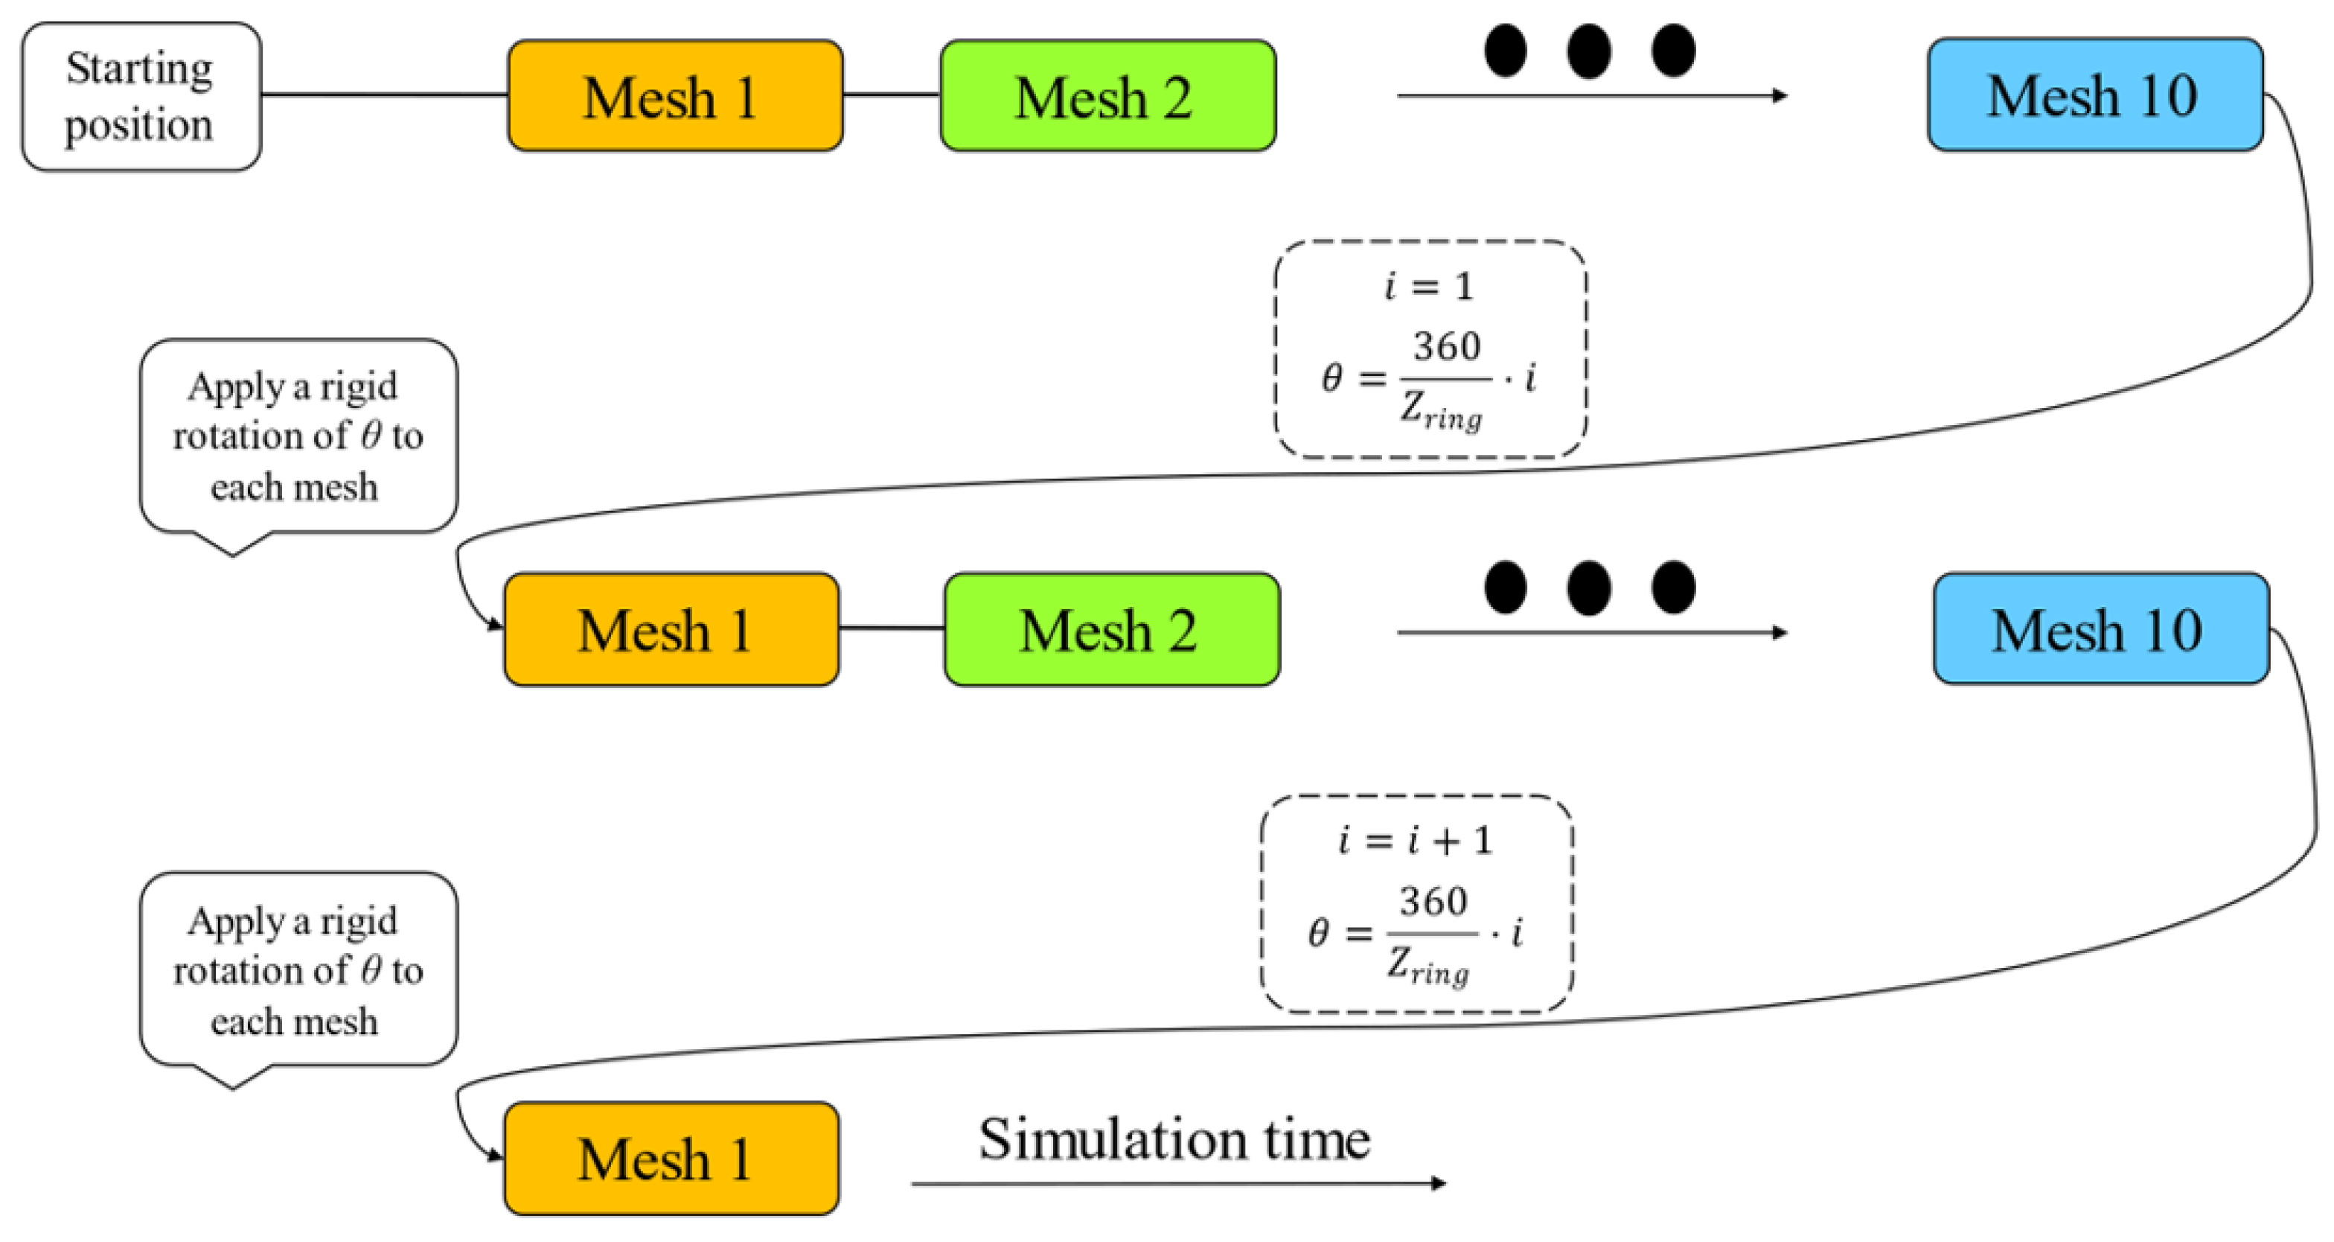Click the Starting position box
coord(141,96)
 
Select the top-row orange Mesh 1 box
coord(675,96)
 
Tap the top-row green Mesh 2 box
coord(1107,96)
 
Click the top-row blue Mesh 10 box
coord(2095,95)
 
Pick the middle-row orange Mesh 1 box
coord(671,629)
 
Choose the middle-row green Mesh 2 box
coord(1112,629)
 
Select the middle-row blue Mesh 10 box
coord(2100,628)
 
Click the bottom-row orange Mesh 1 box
coord(671,1159)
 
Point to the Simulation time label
coord(1174,1138)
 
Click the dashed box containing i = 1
coord(1430,349)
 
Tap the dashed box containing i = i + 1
coord(1416,904)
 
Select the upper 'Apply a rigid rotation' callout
coord(298,436)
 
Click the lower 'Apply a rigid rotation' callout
coord(298,969)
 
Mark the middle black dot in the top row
coord(1588,51)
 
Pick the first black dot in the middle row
coord(1505,587)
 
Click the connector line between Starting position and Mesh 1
coord(384,95)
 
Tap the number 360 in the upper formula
coord(1446,346)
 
